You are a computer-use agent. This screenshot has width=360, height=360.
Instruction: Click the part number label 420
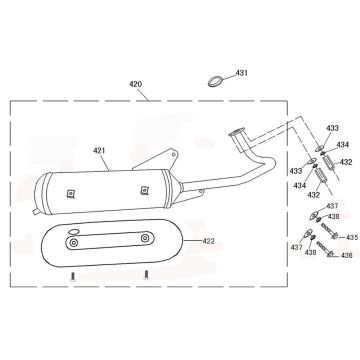(136, 84)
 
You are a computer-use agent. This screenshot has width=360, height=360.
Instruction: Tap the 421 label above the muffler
(99, 151)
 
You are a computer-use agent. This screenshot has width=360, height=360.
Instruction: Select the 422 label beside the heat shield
(208, 241)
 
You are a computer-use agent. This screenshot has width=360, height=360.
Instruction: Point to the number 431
(242, 73)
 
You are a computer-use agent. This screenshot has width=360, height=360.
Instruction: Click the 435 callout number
(352, 237)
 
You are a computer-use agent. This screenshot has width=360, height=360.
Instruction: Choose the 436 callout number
(347, 255)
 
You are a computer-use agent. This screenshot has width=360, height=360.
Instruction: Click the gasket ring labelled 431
(215, 81)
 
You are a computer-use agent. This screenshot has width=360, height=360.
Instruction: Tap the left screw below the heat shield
(73, 276)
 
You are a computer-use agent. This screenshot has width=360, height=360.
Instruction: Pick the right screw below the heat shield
(146, 275)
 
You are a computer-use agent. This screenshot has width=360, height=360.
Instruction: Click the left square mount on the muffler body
(70, 194)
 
